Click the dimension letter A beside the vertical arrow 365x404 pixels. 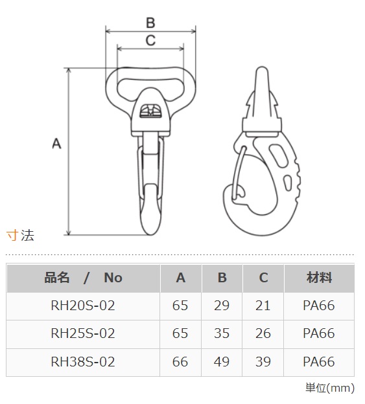pyautogui.click(x=57, y=144)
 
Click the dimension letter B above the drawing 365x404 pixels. pyautogui.click(x=150, y=23)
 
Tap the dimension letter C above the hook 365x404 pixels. pyautogui.click(x=150, y=40)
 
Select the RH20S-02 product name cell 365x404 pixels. pyautogui.click(x=83, y=306)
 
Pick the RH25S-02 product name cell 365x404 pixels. pyautogui.click(x=83, y=333)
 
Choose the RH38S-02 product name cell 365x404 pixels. pyautogui.click(x=83, y=362)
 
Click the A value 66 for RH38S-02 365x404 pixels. pyautogui.click(x=180, y=362)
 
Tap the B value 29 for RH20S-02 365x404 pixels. pyautogui.click(x=222, y=306)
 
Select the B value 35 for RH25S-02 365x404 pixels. pyautogui.click(x=222, y=333)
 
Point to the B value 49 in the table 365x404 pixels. pyautogui.click(x=222, y=362)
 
